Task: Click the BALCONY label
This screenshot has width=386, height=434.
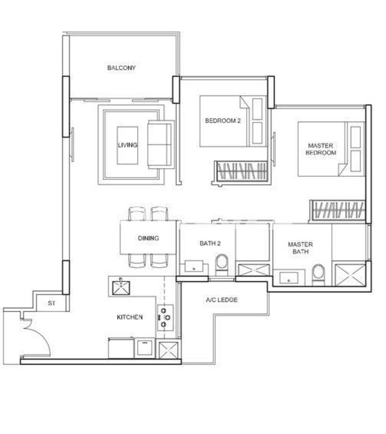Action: [x=121, y=68]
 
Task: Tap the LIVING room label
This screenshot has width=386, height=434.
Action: [x=127, y=145]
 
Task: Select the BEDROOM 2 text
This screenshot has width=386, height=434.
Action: [x=223, y=121]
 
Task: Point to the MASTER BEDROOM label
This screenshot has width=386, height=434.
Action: [x=321, y=149]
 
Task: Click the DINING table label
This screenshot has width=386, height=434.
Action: [x=148, y=238]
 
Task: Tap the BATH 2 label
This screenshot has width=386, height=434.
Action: [x=210, y=243]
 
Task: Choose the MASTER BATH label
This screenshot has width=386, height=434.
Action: [x=301, y=248]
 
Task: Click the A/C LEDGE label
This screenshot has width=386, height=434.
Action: [x=222, y=300]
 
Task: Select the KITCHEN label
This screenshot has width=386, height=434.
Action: [x=130, y=317]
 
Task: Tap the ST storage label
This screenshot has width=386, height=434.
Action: [x=52, y=303]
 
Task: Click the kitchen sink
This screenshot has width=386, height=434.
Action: [x=121, y=287]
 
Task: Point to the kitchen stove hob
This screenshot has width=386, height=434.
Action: [x=166, y=318]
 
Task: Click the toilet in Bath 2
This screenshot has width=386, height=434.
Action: [x=222, y=265]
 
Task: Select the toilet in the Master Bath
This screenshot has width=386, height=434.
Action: [x=318, y=275]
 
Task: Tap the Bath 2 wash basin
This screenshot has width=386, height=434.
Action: [x=194, y=266]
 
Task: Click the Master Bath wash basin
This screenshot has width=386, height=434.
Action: [x=289, y=278]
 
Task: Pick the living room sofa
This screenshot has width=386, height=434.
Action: [x=161, y=145]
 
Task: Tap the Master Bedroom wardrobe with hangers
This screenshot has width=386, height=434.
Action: [x=338, y=210]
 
